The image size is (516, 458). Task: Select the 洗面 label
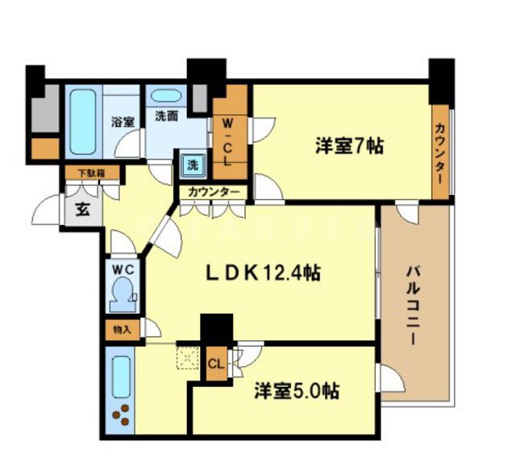pyautogui.click(x=167, y=116)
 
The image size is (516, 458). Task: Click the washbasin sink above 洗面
pyautogui.click(x=166, y=94)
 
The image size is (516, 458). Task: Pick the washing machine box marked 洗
pyautogui.click(x=192, y=164)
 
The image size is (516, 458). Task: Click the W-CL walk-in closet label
pyautogui.click(x=229, y=142)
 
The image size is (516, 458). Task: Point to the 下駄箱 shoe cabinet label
pyautogui.click(x=90, y=172)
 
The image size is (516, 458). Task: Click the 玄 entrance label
pyautogui.click(x=81, y=211)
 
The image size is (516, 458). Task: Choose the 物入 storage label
pyautogui.click(x=122, y=329)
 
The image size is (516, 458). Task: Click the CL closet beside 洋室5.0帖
pyautogui.click(x=215, y=364)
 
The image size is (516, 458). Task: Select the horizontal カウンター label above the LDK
pyautogui.click(x=214, y=192)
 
